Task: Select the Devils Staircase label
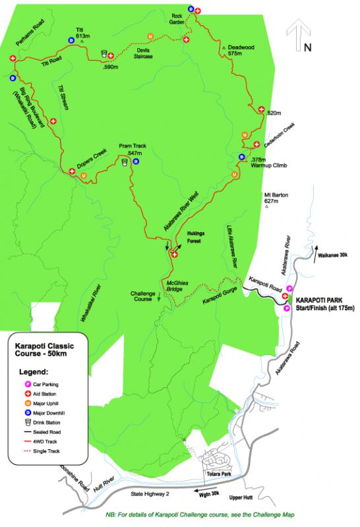click(144, 54)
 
